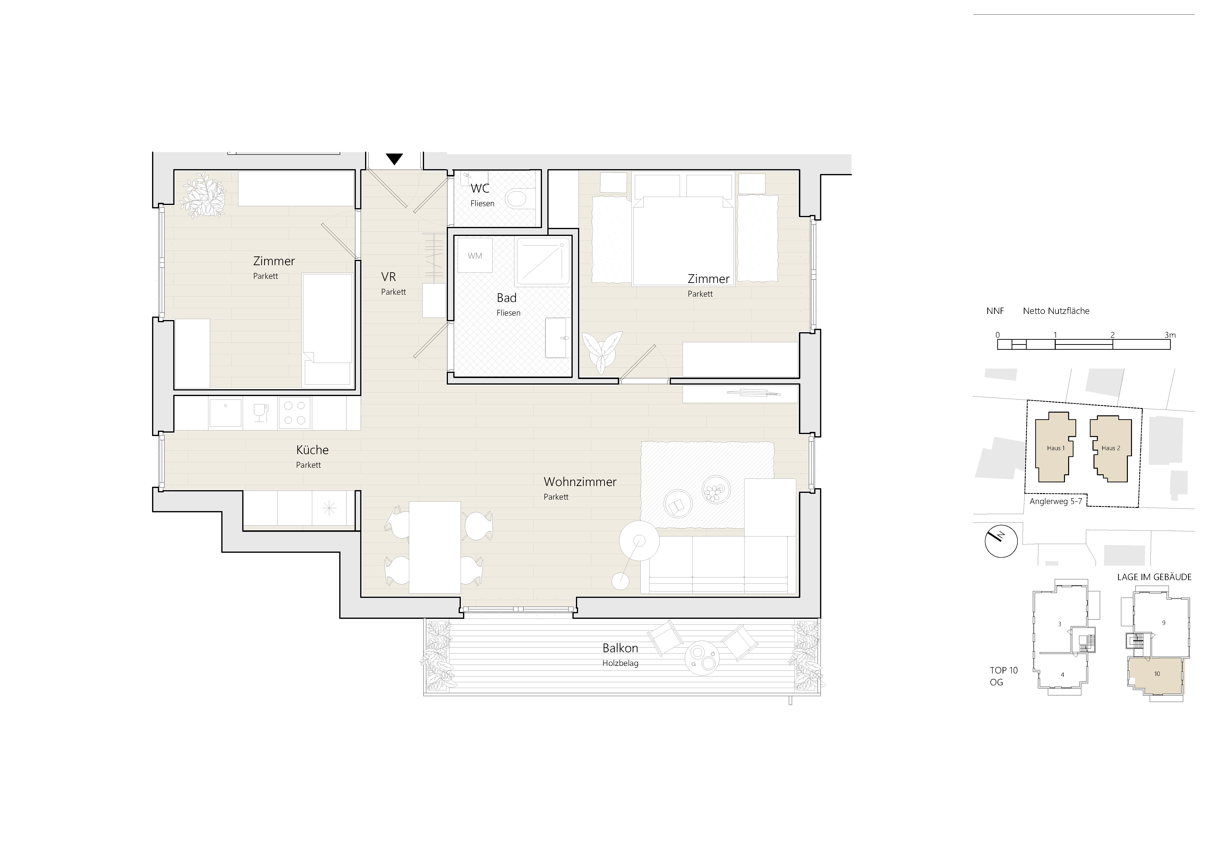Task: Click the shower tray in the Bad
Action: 543,261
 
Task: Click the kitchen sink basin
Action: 225,413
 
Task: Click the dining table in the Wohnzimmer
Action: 435,548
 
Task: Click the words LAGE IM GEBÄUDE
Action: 1154,577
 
